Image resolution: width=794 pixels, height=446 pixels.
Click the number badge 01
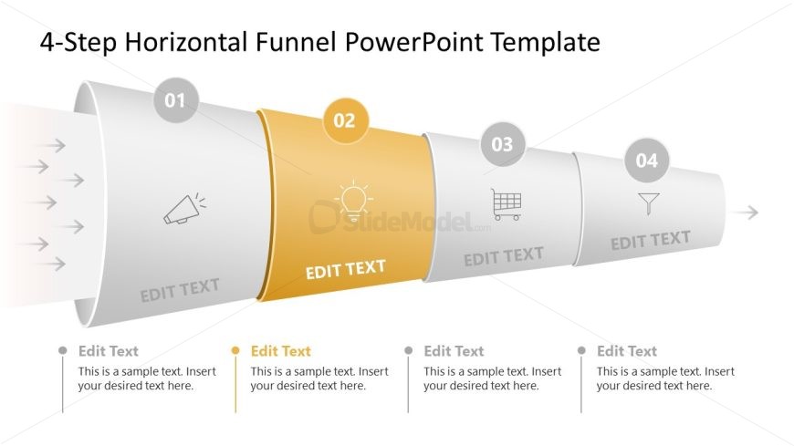click(x=176, y=100)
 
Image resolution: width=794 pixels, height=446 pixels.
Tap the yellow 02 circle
click(x=345, y=120)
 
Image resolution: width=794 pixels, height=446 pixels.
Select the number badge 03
click(x=502, y=144)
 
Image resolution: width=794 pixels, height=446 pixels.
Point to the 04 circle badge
click(x=647, y=161)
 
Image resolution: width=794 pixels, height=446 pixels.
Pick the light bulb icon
click(x=353, y=201)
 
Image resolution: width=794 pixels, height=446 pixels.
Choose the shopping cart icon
click(x=507, y=204)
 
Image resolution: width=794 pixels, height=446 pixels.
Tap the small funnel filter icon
click(x=649, y=203)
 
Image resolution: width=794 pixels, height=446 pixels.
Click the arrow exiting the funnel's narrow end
click(x=745, y=213)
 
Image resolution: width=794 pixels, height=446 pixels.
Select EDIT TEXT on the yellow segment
click(x=345, y=269)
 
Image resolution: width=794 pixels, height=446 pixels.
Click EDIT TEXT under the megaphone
click(x=180, y=290)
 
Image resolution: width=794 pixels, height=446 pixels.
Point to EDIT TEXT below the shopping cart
click(x=504, y=256)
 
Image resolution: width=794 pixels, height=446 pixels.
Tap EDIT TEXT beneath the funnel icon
click(x=651, y=241)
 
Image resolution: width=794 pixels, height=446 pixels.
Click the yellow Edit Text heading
click(x=280, y=351)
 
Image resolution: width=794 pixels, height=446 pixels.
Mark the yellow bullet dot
click(x=235, y=350)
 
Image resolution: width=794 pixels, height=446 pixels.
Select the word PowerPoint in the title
click(x=414, y=42)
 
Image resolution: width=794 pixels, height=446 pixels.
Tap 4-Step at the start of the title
click(x=78, y=43)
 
